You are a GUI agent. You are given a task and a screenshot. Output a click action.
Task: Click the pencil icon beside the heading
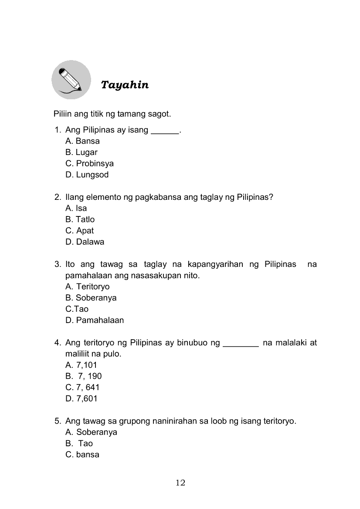(x=71, y=80)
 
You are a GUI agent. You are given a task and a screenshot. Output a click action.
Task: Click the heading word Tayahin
(x=125, y=85)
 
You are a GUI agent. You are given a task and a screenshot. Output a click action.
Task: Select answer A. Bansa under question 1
(x=82, y=141)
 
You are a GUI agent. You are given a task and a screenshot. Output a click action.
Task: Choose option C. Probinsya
(x=89, y=164)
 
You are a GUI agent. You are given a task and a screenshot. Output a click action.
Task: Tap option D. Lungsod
(x=87, y=175)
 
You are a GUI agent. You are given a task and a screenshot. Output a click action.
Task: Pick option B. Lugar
(x=81, y=152)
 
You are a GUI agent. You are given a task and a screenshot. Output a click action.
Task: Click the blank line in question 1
(x=164, y=132)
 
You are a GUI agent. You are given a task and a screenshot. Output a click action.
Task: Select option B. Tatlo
(x=80, y=219)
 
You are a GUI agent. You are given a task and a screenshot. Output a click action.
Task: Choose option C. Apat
(x=79, y=231)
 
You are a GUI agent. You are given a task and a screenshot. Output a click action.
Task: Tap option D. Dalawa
(x=85, y=242)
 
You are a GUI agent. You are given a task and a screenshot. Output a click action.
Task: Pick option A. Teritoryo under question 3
(x=87, y=287)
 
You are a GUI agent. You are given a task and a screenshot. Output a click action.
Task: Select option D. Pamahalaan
(x=95, y=320)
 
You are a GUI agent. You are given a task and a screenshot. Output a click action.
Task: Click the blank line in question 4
(x=241, y=345)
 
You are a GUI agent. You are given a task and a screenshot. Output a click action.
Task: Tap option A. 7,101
(x=81, y=365)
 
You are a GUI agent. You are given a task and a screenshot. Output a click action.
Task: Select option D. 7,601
(x=82, y=399)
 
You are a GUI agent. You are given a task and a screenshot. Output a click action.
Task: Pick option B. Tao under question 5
(x=79, y=444)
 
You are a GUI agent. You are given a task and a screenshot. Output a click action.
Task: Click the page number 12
(x=180, y=482)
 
